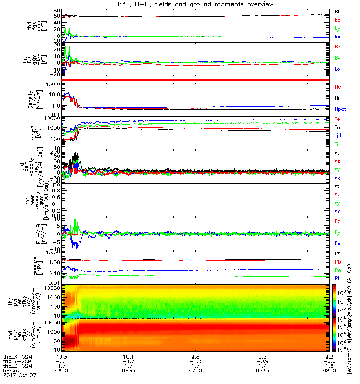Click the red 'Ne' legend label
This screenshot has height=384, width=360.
click(337, 87)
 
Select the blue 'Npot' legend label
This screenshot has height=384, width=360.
click(339, 109)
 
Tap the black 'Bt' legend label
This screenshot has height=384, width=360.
click(337, 11)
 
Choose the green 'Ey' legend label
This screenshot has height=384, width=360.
click(337, 233)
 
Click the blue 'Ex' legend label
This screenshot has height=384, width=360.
click(337, 244)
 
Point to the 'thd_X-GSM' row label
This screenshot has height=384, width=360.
click(14, 356)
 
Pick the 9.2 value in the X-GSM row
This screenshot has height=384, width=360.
click(329, 356)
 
